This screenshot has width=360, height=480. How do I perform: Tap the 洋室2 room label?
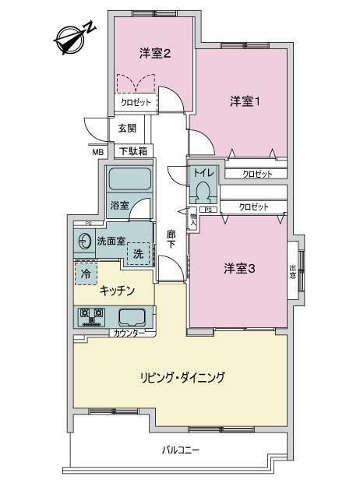pos(155,54)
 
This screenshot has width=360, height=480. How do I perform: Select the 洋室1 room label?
pos(245,101)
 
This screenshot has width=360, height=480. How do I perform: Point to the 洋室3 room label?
pos(240,269)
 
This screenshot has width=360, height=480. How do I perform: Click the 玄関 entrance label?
pos(127,129)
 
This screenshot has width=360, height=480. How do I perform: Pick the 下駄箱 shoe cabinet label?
pos(133,151)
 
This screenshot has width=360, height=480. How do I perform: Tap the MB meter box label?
pos(98,152)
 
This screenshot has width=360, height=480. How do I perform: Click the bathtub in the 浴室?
pos(130,179)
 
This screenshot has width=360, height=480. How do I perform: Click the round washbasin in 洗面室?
pos(85,242)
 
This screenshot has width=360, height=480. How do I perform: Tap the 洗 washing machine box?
pos(139,253)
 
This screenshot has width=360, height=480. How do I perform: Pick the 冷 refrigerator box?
pos(86,274)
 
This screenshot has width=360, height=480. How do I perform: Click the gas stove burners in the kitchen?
pos(92,317)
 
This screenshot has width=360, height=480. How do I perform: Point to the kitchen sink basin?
pos(132,317)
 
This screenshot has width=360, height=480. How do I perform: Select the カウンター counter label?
pos(129,334)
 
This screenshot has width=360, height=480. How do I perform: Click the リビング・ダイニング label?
pos(182,377)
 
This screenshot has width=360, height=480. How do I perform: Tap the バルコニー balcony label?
pos(181,450)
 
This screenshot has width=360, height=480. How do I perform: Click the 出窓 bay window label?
pos(293,271)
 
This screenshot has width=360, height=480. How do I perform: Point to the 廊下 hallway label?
pos(171,240)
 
